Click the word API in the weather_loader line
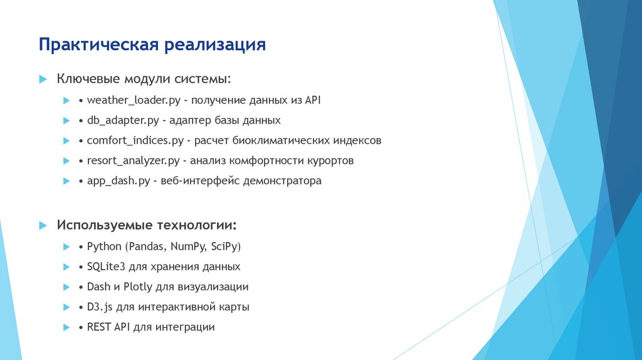[x=312, y=100]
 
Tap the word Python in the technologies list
[x=104, y=246]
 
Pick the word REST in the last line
[x=99, y=327]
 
